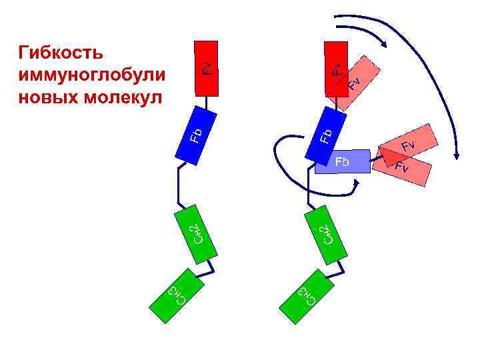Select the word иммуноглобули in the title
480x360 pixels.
(93, 74)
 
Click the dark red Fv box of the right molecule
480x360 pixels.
(336, 67)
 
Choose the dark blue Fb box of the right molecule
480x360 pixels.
(325, 133)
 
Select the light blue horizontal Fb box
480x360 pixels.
(342, 161)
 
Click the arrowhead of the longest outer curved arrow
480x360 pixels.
(457, 155)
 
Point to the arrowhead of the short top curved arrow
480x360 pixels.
(385, 44)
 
